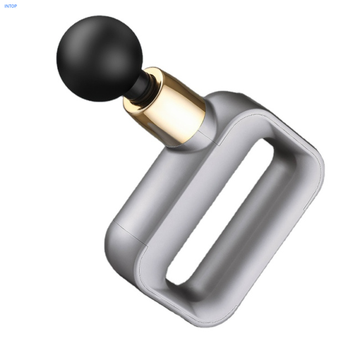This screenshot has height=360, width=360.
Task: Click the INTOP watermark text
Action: tap(11, 6)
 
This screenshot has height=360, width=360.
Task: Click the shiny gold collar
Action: tap(164, 107)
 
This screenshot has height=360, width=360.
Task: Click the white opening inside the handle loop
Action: tap(220, 211)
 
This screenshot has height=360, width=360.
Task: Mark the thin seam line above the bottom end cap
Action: tap(130, 233)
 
